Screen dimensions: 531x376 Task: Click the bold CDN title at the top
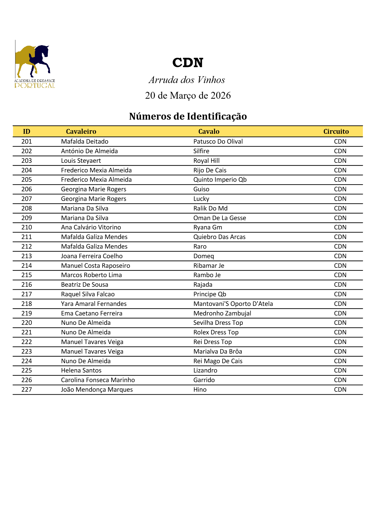tap(188, 63)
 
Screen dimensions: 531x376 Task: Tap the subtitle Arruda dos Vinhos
tap(187, 80)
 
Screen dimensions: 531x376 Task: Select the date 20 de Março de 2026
tap(188, 95)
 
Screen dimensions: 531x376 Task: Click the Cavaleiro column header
tap(81, 131)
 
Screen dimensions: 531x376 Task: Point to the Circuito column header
tap(336, 131)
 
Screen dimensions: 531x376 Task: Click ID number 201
tap(27, 142)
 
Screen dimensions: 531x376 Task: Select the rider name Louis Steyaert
tap(81, 161)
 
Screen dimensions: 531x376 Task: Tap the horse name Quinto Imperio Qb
tap(220, 180)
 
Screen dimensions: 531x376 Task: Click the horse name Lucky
tap(201, 199)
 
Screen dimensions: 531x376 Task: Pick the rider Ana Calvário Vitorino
tap(91, 227)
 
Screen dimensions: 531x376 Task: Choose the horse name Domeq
tap(203, 256)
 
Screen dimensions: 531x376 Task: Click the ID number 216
tap(27, 285)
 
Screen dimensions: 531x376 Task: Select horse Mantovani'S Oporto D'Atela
tap(233, 304)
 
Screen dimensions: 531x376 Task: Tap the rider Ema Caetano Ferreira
tap(91, 313)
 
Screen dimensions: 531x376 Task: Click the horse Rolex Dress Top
tap(216, 332)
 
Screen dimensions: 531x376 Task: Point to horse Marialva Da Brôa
tap(218, 352)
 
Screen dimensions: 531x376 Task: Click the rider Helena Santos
tap(81, 370)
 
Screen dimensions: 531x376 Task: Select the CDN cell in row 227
tap(340, 390)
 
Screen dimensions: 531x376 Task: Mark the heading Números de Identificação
tap(188, 116)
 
